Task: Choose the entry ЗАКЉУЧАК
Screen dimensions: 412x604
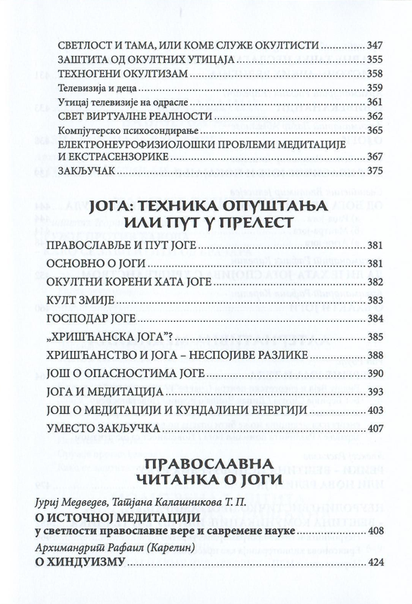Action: pos(80,172)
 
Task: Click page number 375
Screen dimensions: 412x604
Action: pos(376,172)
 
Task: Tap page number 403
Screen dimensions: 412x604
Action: pos(376,409)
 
